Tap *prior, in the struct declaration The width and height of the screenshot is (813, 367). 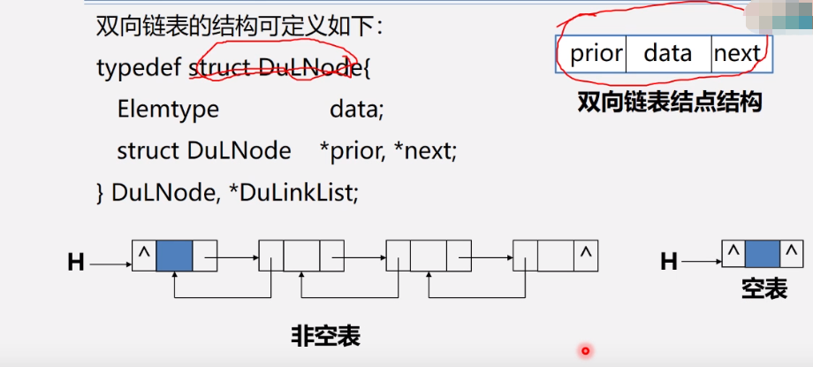pos(353,151)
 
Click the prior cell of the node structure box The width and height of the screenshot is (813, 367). pos(596,54)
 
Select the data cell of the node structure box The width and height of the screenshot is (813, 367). pos(668,54)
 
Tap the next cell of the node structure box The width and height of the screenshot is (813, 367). pos(737,54)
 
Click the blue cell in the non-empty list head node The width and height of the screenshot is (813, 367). pos(173,256)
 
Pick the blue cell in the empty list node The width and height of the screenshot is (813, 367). pos(762,255)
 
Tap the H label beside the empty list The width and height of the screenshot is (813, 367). pos(670,261)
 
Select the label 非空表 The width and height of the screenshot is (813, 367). pos(326,336)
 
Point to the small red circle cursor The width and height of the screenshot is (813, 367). pos(585,351)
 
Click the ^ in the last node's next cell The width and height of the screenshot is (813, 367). pos(586,254)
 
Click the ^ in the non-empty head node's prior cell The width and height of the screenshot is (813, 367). pos(143,254)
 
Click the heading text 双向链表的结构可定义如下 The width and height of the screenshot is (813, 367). pos(239,27)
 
